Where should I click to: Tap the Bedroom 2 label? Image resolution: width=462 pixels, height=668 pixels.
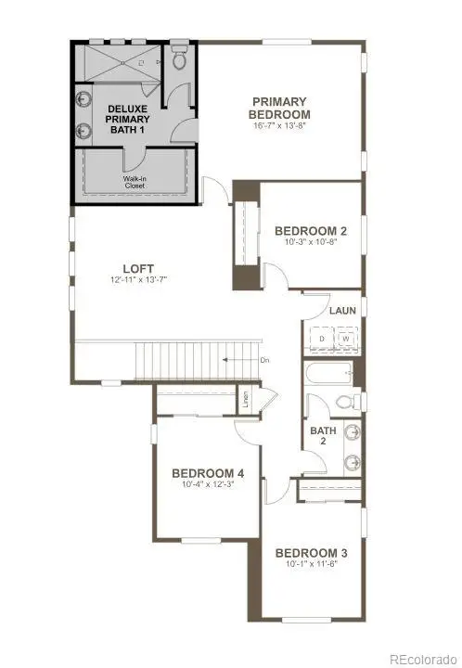pos(310,232)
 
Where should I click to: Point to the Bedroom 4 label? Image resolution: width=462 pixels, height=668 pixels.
pos(207,473)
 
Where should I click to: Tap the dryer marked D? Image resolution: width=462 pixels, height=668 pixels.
pos(322,340)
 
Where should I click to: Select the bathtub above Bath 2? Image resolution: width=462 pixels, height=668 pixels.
pos(329,375)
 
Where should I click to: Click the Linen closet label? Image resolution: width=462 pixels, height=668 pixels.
pos(247,400)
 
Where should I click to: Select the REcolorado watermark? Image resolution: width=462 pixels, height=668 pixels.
pos(422,659)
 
